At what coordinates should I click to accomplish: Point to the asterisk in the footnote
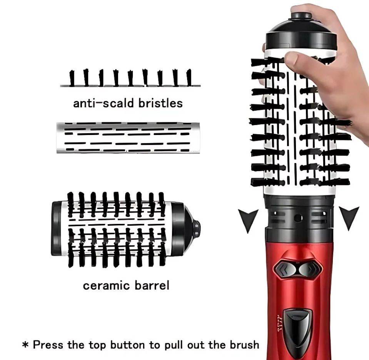26,345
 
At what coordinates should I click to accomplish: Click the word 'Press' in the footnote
48,345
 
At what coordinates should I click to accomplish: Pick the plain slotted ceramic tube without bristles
128,138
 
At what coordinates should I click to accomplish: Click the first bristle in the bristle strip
72,78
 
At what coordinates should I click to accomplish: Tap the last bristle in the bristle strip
189,77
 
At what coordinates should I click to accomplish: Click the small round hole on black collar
298,218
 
